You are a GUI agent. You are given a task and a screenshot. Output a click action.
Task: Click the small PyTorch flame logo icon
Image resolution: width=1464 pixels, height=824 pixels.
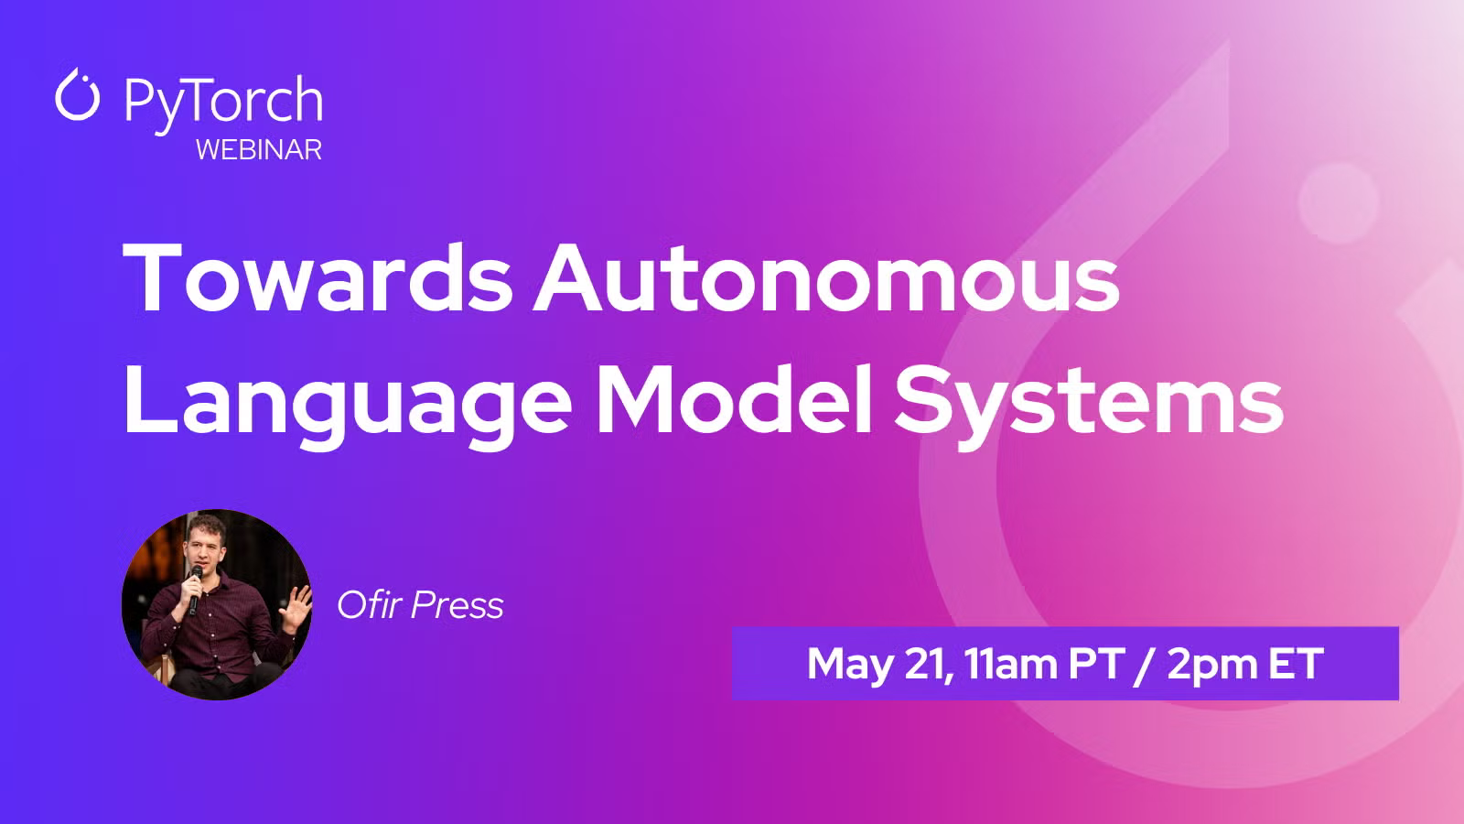(x=77, y=94)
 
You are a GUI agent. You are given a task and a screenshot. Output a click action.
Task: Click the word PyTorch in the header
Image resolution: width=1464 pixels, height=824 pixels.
(x=223, y=102)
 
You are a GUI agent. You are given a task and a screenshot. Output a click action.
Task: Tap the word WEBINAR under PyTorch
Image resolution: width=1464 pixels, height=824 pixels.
(x=259, y=150)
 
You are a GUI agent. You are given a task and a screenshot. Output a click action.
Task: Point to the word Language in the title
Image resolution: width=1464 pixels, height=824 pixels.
(x=348, y=403)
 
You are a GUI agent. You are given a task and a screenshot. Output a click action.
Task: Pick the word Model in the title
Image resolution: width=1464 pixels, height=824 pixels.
(x=735, y=399)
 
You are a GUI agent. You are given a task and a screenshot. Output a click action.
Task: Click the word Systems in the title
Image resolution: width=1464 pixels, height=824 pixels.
(x=1088, y=403)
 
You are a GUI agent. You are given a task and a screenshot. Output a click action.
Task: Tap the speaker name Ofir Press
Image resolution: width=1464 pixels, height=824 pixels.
(x=420, y=605)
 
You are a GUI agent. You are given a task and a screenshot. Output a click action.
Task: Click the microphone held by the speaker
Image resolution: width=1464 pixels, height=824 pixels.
(x=194, y=589)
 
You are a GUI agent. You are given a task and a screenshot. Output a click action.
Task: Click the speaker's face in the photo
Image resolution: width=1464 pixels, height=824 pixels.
(x=204, y=548)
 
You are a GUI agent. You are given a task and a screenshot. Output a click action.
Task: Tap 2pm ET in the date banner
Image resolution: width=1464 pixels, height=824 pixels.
(x=1245, y=665)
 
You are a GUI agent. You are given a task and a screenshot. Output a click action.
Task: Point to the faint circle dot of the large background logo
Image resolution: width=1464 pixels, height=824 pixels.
(x=1339, y=202)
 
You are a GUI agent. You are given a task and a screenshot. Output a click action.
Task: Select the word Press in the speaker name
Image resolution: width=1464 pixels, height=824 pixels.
(x=457, y=605)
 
